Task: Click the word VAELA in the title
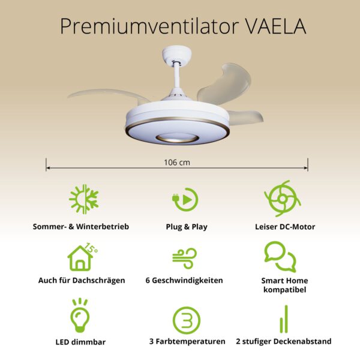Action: point(275,26)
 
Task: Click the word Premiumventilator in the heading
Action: point(149,26)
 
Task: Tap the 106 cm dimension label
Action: point(177,163)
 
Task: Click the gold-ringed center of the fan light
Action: point(177,138)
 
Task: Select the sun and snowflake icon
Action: point(84,199)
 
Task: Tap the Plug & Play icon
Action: point(185,199)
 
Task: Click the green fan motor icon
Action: point(283,199)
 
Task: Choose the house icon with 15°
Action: point(82,257)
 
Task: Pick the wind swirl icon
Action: point(185,258)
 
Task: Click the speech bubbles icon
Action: point(280,257)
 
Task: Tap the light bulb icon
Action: point(80,316)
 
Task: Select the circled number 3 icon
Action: point(187,320)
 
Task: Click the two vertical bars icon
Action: point(284,319)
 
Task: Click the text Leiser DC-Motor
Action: point(285,227)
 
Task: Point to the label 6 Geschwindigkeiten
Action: point(184,280)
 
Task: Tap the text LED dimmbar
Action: point(80,342)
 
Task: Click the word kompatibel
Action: point(284,290)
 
